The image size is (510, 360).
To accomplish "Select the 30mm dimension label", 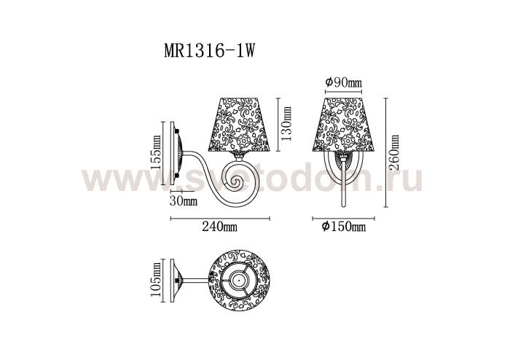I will point(184,200).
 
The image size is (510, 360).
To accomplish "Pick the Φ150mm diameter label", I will point(343,227).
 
